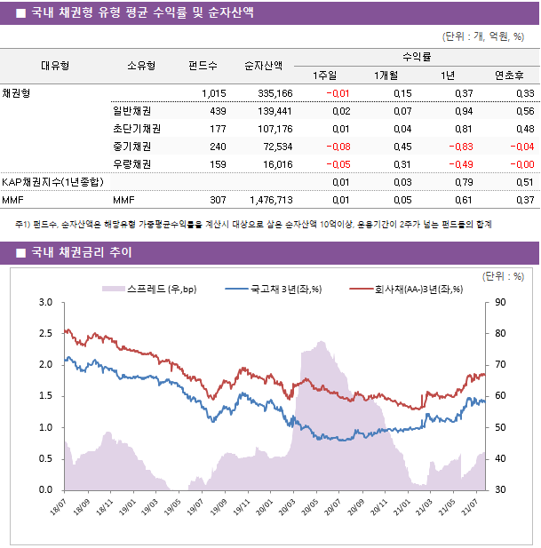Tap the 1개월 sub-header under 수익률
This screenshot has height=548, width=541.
386,75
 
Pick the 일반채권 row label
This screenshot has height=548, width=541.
131,111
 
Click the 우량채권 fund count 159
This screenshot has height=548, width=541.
217,164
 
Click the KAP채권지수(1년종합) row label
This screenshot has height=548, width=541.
52,182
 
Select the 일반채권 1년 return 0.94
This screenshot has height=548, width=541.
463,111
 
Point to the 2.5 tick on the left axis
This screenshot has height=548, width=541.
44,334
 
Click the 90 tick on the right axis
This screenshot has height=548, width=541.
501,303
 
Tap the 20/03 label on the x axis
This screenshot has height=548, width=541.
286,509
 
